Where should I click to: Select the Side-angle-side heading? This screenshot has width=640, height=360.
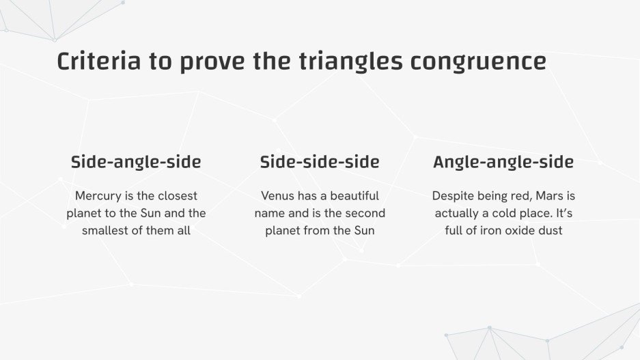click(136, 162)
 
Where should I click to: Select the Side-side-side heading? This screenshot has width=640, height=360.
click(320, 162)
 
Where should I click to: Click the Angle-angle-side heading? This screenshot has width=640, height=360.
click(503, 162)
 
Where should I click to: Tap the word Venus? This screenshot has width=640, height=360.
click(277, 196)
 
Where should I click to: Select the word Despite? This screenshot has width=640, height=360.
click(452, 196)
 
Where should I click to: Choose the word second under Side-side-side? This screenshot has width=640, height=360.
click(365, 213)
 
